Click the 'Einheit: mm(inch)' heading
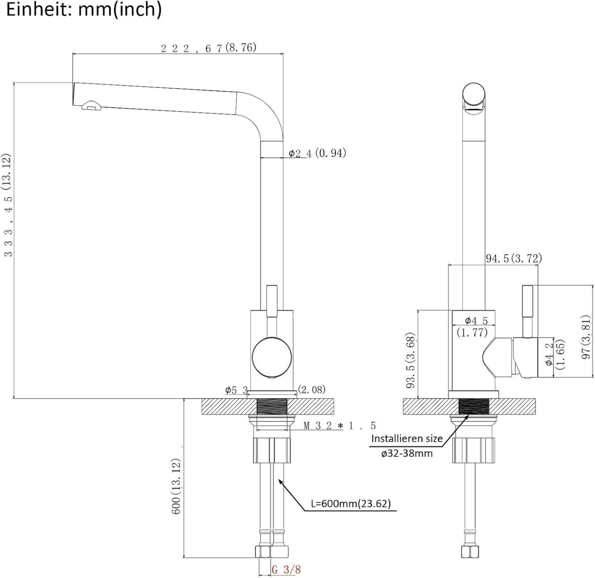[x=84, y=9]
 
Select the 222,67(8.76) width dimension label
[x=208, y=48]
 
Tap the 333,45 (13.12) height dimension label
[x=8, y=205]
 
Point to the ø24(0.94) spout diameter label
[x=318, y=153]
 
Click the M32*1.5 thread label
[x=339, y=426]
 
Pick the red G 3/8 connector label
[x=286, y=569]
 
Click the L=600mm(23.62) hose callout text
[x=351, y=503]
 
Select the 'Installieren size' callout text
[x=407, y=439]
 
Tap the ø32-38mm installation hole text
[x=407, y=453]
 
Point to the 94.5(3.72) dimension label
[x=513, y=258]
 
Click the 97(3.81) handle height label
[x=585, y=337]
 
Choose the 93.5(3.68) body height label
[x=411, y=360]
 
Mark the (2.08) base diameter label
[x=312, y=390]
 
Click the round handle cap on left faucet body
[x=270, y=357]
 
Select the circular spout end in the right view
[x=473, y=94]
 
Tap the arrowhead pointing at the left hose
[x=280, y=481]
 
